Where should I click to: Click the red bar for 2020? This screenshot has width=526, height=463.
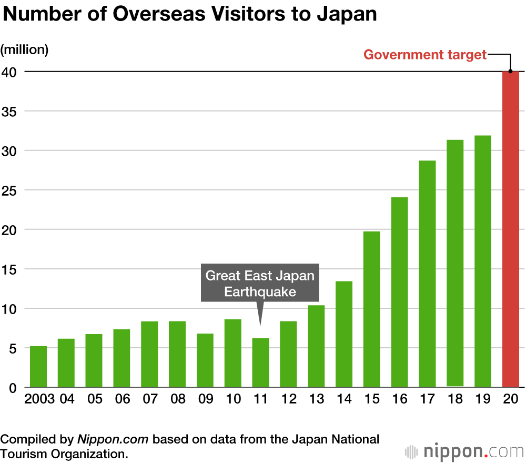tap(511, 229)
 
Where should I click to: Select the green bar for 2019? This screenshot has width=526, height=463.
tap(483, 261)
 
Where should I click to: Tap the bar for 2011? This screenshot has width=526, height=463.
tap(260, 363)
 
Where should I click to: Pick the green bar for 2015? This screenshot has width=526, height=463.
tap(372, 309)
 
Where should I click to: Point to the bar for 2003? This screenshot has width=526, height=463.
tap(38, 367)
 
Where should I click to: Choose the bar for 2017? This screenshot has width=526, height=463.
tap(427, 274)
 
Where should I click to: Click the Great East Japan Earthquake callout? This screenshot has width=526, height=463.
tap(259, 283)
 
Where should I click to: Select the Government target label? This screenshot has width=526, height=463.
tap(425, 55)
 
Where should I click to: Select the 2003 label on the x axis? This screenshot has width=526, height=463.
tap(39, 399)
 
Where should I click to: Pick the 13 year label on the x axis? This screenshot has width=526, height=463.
tap(316, 399)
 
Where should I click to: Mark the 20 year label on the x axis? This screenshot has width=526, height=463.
tap(511, 399)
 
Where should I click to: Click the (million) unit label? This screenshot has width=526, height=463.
tap(24, 49)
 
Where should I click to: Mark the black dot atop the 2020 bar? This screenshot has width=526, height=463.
tap(511, 72)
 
